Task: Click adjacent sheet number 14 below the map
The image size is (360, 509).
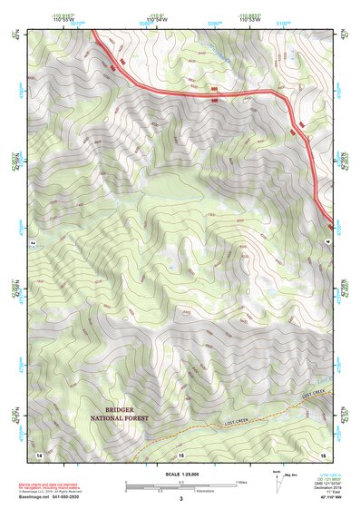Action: (39, 453)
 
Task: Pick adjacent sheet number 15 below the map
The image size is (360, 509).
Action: (180, 453)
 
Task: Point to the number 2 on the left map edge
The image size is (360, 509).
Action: (32, 244)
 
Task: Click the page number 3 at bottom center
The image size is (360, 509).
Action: (180, 498)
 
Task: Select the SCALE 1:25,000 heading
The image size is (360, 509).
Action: (180, 475)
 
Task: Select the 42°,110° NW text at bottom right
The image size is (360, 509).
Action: (332, 498)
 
